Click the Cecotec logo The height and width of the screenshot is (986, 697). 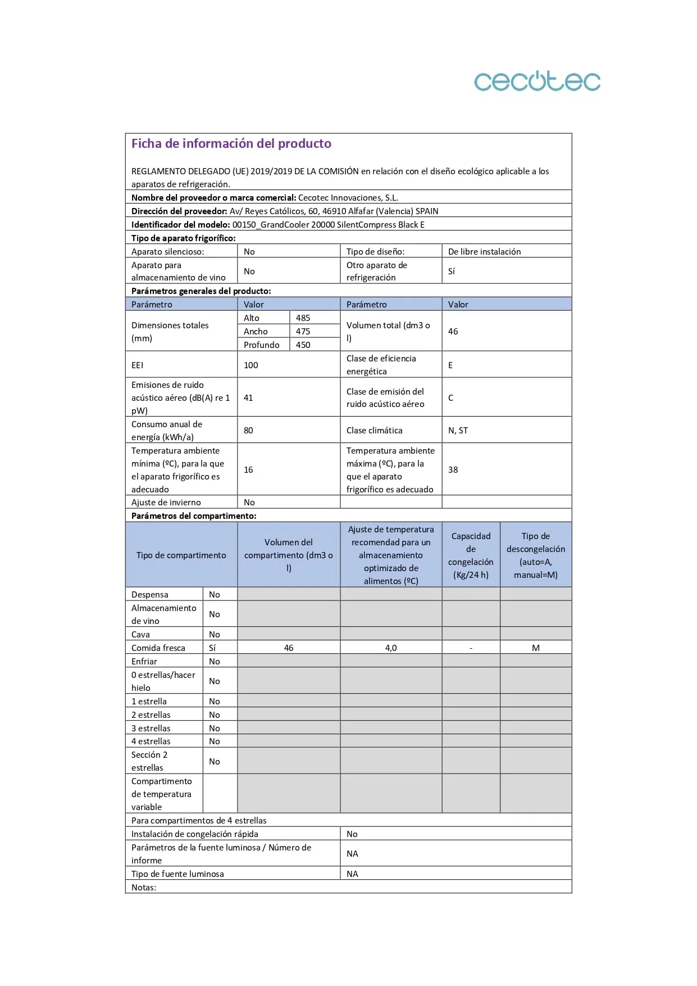click(537, 82)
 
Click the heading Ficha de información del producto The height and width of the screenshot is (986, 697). click(231, 143)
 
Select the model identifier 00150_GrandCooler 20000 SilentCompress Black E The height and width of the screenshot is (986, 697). click(328, 225)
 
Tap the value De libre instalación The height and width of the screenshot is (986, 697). click(484, 252)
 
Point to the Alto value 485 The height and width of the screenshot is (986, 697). click(303, 318)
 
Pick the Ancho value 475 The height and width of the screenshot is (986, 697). click(303, 332)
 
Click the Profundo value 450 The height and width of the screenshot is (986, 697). click(303, 345)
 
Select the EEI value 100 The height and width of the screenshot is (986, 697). click(250, 365)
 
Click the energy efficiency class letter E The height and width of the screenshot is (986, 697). click(450, 365)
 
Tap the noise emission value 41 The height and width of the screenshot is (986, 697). click(248, 398)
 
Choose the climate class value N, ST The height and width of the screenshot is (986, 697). click(458, 431)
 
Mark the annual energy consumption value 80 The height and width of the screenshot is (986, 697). click(248, 431)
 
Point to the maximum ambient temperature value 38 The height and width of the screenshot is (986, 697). click(453, 470)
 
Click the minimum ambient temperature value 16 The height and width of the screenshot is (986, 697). click(248, 470)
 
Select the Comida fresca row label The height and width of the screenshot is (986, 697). click(158, 648)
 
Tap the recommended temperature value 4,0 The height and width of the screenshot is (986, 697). click(391, 648)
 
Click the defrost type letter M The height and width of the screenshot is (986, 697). click(536, 648)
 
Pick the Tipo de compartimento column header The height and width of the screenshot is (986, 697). click(181, 555)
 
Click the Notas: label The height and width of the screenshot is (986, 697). click(144, 888)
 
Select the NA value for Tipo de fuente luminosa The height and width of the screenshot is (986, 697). click(352, 874)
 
